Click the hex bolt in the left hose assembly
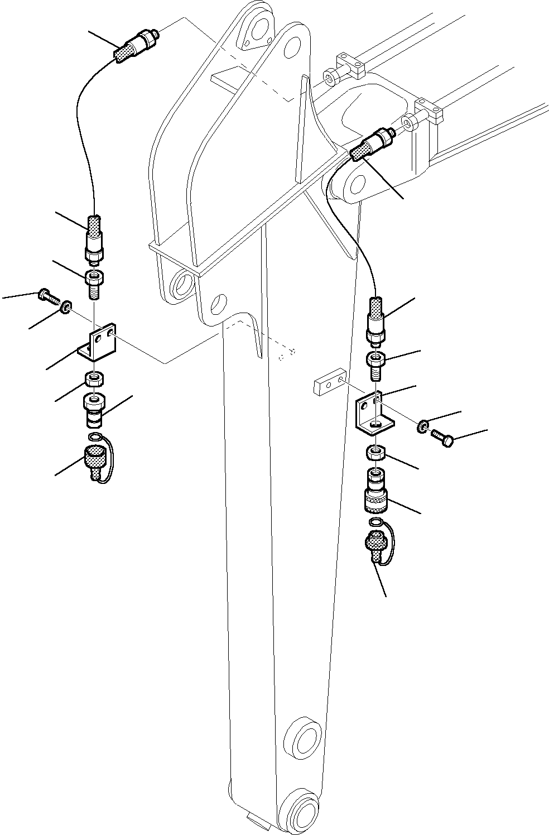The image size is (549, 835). (x=49, y=296)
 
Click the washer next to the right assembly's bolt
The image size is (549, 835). (x=423, y=428)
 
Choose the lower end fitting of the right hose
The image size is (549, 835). (x=375, y=320)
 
